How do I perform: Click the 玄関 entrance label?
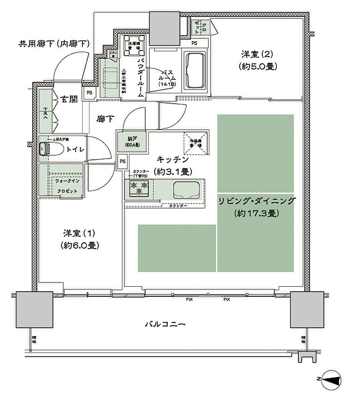(68, 99)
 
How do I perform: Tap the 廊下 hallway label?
(104, 119)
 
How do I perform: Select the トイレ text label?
(75, 149)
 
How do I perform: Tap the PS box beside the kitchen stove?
(123, 161)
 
